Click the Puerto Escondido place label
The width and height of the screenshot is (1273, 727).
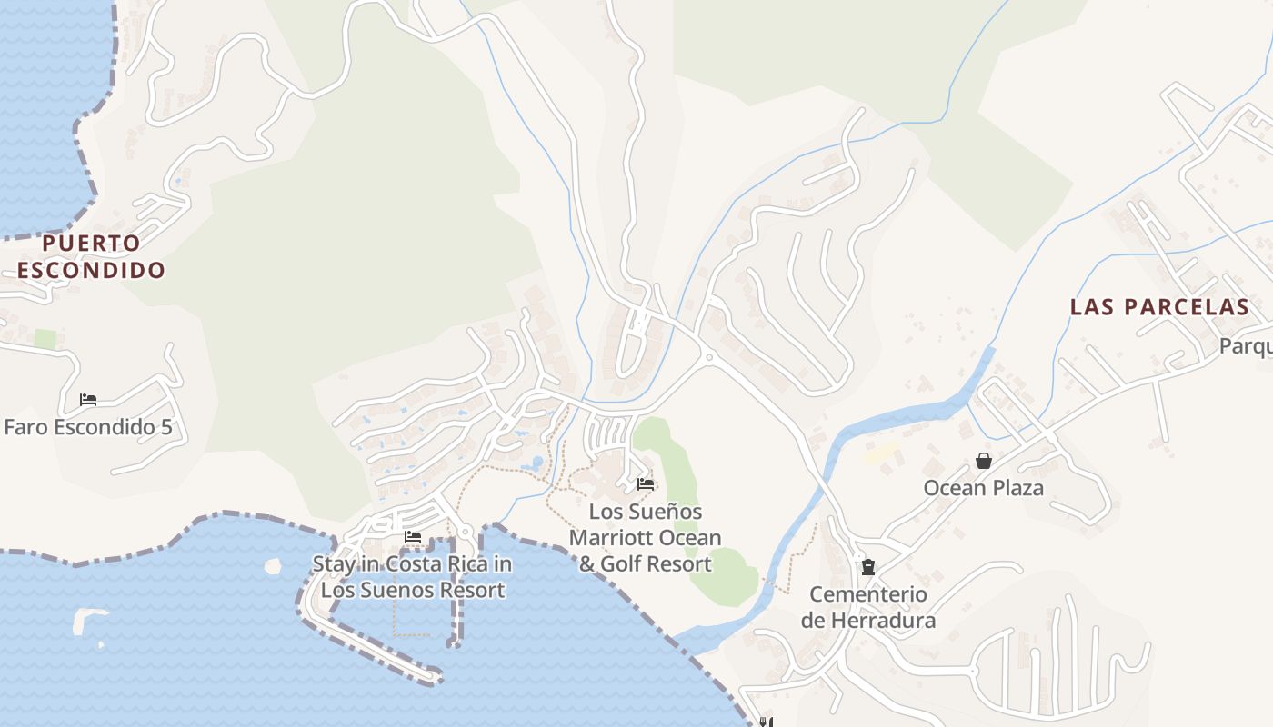click(91, 256)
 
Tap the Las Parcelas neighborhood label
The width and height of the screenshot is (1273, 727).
click(1159, 306)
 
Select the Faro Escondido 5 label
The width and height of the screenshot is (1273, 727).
click(88, 426)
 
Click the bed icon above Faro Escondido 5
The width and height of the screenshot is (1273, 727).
click(88, 400)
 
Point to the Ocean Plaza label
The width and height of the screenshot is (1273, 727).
click(983, 488)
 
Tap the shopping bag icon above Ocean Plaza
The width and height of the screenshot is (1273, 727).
click(983, 461)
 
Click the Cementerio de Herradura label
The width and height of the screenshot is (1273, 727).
click(867, 607)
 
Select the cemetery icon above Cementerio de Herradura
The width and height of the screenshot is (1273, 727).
click(867, 567)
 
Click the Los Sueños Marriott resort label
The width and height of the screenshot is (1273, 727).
click(646, 537)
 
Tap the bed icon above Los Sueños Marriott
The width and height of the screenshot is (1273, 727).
click(646, 483)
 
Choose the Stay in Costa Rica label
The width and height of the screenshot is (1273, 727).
click(413, 576)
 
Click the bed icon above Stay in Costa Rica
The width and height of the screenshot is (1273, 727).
click(413, 537)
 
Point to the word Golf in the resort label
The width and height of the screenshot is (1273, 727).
click(625, 563)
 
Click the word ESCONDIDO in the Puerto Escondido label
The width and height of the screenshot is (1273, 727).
click(91, 270)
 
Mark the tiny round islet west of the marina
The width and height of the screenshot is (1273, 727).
click(273, 566)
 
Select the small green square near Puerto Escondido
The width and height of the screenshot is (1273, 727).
click(45, 339)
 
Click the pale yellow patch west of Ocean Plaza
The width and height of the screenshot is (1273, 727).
click(880, 453)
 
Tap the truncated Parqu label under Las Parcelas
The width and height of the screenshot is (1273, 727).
click(1245, 346)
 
